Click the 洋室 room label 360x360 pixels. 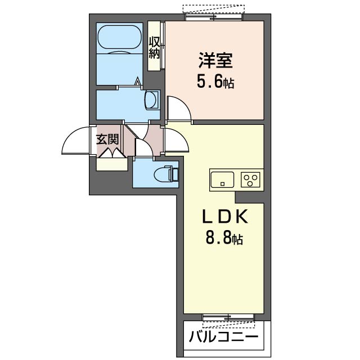(215, 61)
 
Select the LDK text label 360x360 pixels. (225, 216)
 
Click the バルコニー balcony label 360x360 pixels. (224, 337)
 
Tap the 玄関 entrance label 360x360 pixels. (107, 139)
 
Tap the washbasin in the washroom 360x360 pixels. (151, 100)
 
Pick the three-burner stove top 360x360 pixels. (250, 179)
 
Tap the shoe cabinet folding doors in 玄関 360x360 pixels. (112, 152)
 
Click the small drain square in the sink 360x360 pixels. (222, 184)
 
